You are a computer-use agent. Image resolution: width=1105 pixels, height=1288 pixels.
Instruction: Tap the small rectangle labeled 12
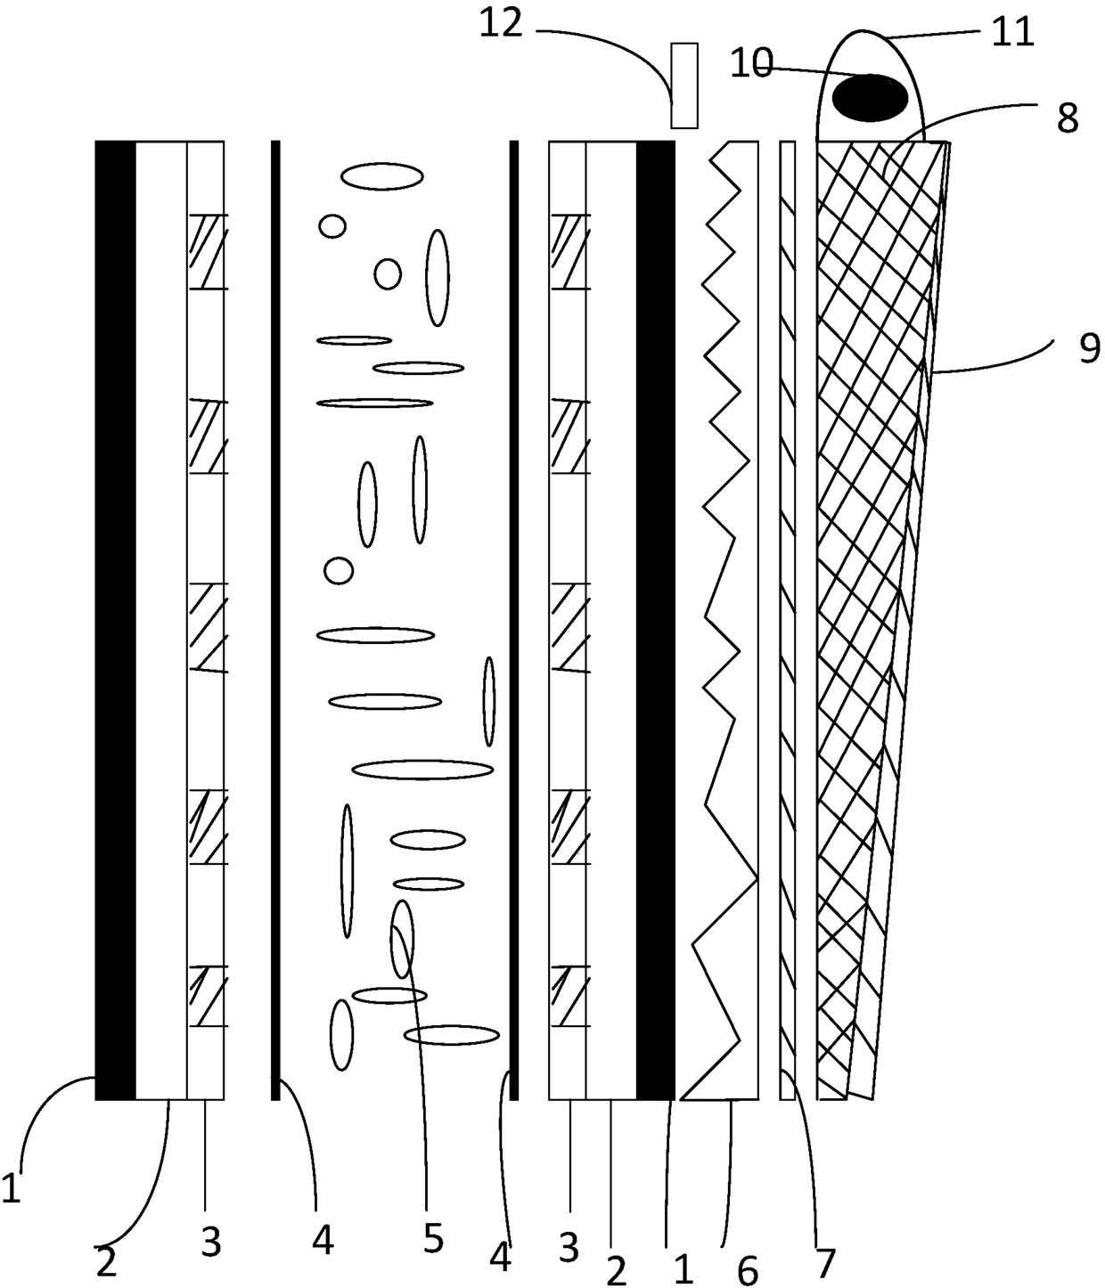click(x=683, y=86)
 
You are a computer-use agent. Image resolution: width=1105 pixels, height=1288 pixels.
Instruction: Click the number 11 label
click(x=1012, y=33)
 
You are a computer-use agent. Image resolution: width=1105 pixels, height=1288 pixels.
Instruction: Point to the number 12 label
click(x=501, y=24)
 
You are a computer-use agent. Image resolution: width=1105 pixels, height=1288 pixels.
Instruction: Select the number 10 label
click(x=751, y=65)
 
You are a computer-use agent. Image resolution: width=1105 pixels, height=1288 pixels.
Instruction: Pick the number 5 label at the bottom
click(x=432, y=1237)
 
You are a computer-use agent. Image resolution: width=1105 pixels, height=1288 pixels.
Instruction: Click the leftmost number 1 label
click(x=11, y=1189)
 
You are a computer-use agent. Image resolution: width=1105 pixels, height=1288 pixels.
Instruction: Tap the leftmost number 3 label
click(x=210, y=1241)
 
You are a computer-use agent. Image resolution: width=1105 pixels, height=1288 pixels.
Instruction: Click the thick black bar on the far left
click(x=115, y=620)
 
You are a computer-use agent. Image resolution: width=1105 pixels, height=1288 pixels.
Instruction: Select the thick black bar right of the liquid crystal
click(x=655, y=620)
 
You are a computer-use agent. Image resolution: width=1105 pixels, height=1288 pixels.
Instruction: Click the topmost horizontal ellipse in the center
click(x=381, y=176)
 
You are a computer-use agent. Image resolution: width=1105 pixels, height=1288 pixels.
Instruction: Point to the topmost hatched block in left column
click(x=208, y=251)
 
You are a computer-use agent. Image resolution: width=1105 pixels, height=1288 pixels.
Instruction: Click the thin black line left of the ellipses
click(x=275, y=620)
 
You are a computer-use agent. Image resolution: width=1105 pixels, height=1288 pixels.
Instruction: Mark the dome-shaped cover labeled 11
click(x=869, y=53)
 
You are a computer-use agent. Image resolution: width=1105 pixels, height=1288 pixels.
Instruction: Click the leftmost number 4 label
click(x=323, y=1239)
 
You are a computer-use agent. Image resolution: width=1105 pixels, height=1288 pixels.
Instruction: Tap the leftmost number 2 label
click(x=106, y=1263)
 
